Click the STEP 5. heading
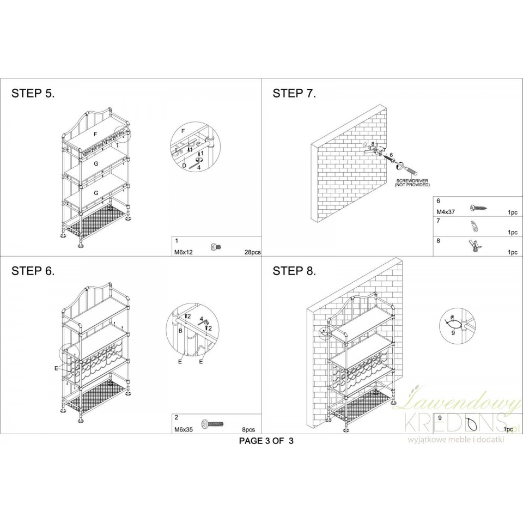tap(33, 93)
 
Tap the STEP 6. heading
tap(33, 271)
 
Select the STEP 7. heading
tap(294, 93)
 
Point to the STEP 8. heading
tap(294, 271)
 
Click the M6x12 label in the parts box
tap(184, 252)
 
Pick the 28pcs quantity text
tap(252, 252)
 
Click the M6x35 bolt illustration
tap(212, 424)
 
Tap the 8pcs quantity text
tap(248, 430)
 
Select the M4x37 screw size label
tap(446, 212)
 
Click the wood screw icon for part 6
tap(479, 208)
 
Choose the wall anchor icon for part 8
tap(475, 246)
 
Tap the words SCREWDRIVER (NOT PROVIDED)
tap(412, 183)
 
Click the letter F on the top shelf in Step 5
tap(95, 134)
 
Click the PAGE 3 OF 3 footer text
tap(266, 441)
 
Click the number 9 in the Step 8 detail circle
tap(453, 332)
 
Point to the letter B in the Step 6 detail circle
tap(180, 331)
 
